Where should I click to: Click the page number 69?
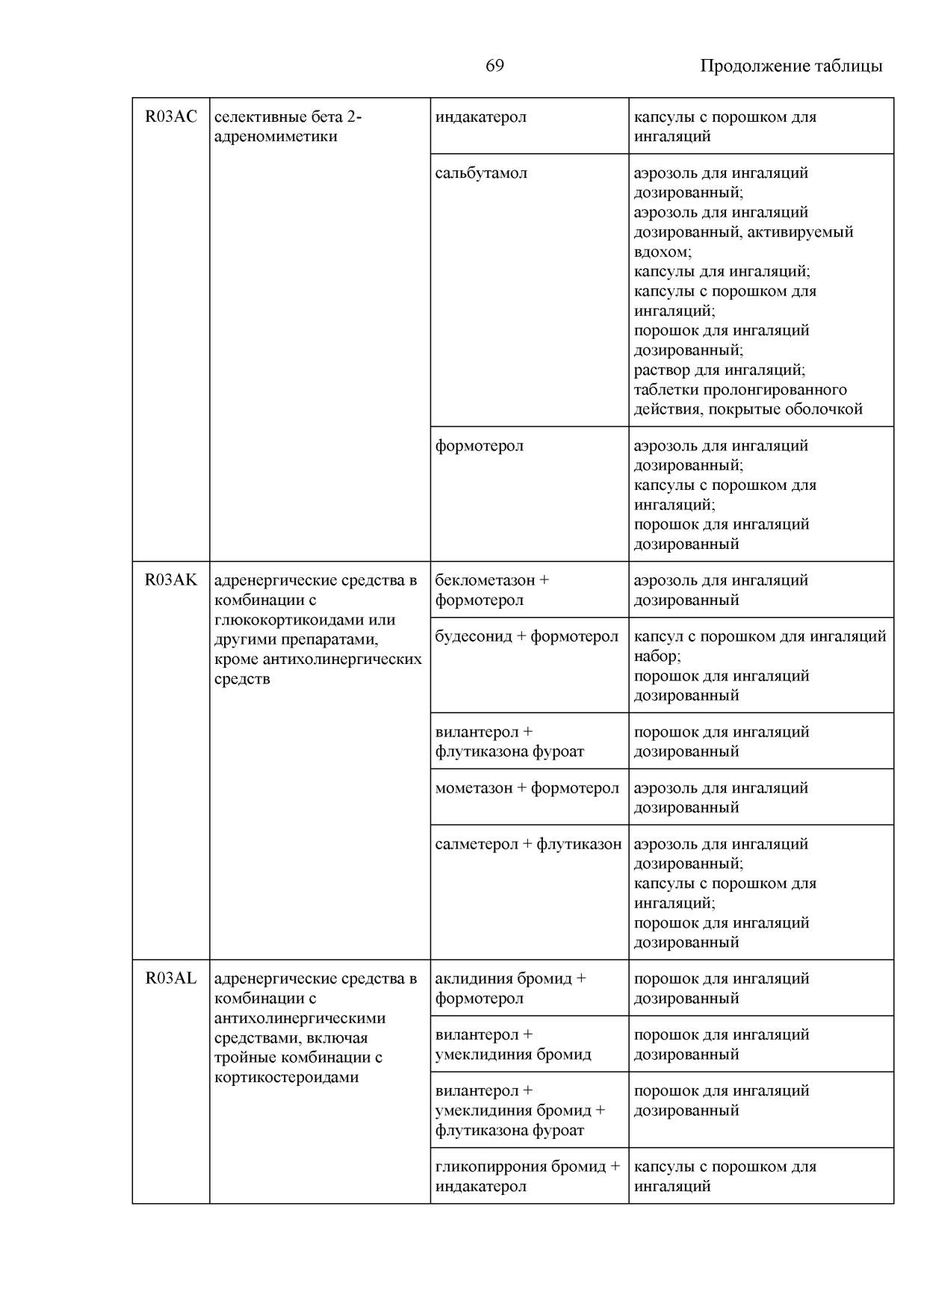click(x=494, y=66)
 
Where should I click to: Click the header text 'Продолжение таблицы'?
click(x=790, y=66)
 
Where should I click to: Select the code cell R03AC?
click(x=171, y=117)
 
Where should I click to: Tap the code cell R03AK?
click(x=171, y=580)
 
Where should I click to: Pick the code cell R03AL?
click(x=171, y=978)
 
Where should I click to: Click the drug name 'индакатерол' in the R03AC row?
click(x=480, y=117)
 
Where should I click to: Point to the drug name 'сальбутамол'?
click(x=481, y=173)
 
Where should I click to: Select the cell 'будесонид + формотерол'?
click(x=527, y=636)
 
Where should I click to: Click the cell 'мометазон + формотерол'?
click(x=527, y=788)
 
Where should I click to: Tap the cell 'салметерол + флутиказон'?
click(x=528, y=844)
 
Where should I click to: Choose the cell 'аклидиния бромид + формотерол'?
click(x=510, y=988)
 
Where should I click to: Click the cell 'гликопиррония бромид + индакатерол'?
click(x=527, y=1176)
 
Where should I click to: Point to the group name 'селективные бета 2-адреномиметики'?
click(x=288, y=127)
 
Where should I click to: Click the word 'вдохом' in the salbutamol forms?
click(x=661, y=252)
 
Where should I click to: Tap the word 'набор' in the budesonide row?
click(x=656, y=656)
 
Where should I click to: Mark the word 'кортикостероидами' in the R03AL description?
click(x=286, y=1077)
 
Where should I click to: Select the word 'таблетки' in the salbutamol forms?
click(x=664, y=390)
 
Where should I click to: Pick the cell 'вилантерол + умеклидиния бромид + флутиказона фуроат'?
click(x=520, y=1111)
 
